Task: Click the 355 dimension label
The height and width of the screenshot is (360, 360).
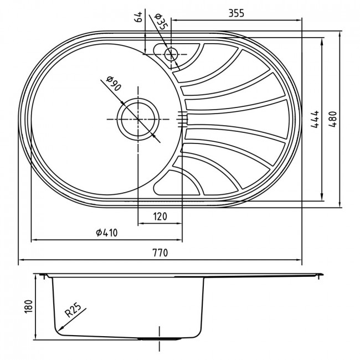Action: click(236, 13)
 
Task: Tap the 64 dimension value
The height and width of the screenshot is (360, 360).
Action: click(138, 17)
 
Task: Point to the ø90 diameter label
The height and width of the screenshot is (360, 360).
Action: click(114, 84)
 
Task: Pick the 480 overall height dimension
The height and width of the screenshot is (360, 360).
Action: click(332, 119)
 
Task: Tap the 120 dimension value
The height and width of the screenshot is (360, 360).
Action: click(160, 216)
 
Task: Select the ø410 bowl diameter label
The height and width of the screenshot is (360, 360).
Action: click(106, 233)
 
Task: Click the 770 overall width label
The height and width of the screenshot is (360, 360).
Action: click(160, 253)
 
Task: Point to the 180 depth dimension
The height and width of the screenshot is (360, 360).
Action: click(28, 306)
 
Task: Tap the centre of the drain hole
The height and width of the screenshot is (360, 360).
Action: click(138, 119)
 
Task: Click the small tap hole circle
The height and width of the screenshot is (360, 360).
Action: click(171, 54)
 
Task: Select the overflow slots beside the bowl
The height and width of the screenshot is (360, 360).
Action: click(183, 119)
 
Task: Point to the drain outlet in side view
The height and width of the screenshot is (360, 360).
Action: click(160, 338)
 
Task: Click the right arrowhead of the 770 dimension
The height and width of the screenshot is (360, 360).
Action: click(299, 260)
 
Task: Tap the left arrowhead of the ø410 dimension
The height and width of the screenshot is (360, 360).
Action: click(34, 240)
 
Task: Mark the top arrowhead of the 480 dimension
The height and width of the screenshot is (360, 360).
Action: click(340, 34)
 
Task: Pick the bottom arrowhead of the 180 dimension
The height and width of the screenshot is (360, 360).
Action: click(35, 337)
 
